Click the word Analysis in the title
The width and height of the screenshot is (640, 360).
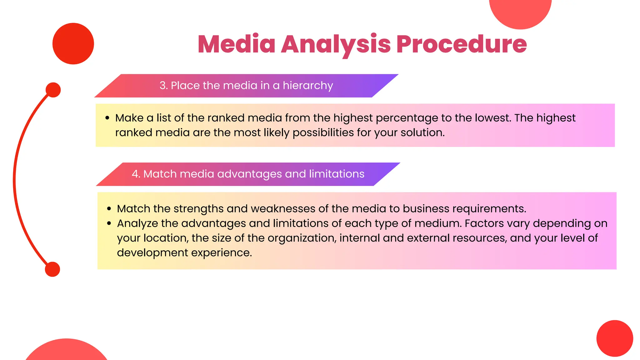tap(336, 44)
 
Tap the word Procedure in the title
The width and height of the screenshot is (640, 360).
tap(462, 44)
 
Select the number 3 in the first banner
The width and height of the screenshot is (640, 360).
tap(162, 86)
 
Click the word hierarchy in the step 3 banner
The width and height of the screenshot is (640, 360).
tap(308, 86)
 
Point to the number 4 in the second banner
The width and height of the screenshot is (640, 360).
tap(135, 174)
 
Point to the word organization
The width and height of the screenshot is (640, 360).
tap(302, 238)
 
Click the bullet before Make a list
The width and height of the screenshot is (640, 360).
tap(107, 118)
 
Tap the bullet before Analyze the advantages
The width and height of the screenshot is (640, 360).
tap(109, 223)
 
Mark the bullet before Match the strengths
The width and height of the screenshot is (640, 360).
tap(109, 209)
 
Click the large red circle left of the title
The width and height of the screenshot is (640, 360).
tap(73, 44)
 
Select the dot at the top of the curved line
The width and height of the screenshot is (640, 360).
tap(53, 90)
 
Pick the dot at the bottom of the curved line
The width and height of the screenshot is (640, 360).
tap(52, 269)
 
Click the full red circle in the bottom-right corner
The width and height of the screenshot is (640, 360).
tap(615, 338)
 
